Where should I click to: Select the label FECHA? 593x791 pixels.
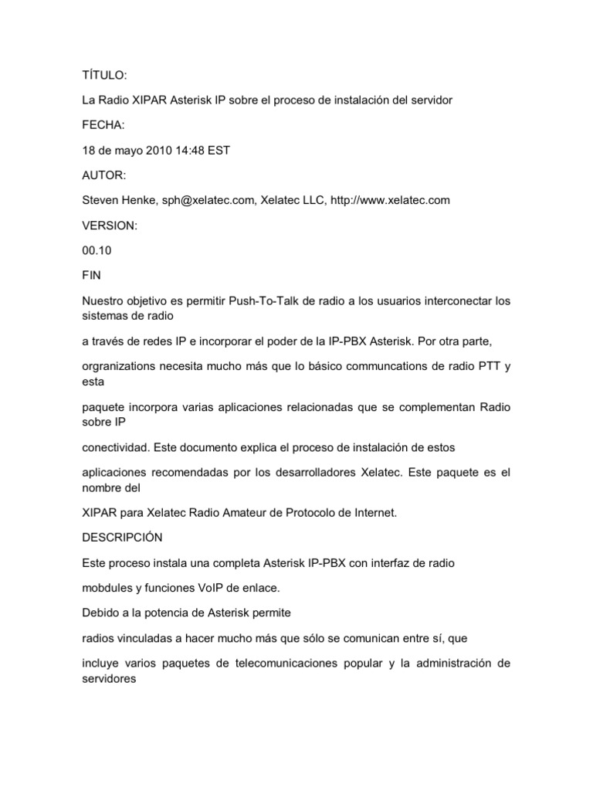(103, 125)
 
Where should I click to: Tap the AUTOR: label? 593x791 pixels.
(103, 175)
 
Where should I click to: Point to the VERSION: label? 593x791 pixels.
(109, 226)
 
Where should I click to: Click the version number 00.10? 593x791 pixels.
(97, 250)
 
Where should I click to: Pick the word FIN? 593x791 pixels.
(90, 276)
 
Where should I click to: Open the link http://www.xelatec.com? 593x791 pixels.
(390, 200)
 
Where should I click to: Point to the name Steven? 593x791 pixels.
(101, 200)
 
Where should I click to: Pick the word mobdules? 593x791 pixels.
(109, 588)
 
